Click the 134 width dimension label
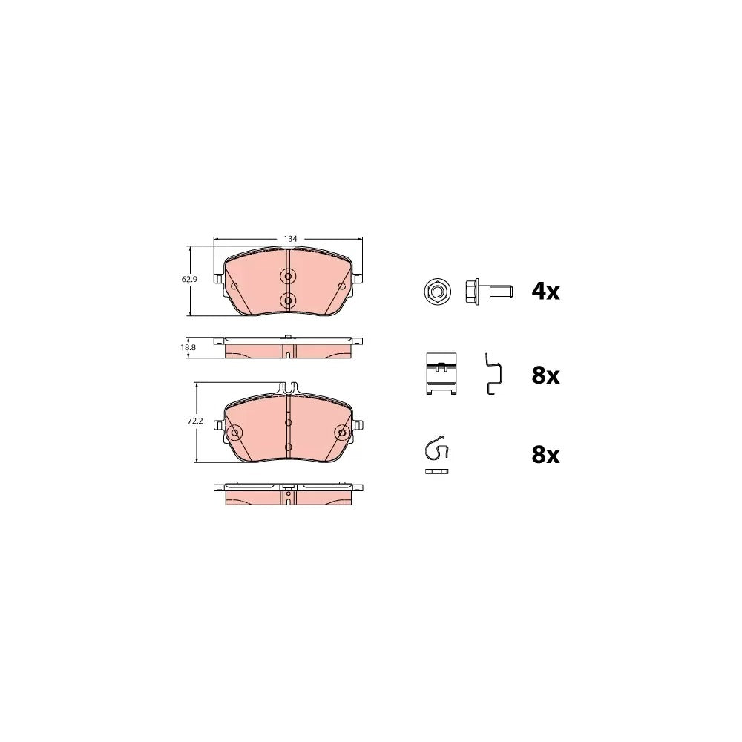pos(290,239)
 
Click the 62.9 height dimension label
pos(189,279)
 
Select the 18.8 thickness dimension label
pos(188,347)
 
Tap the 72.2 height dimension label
pos(195,420)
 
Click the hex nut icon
pos(437,291)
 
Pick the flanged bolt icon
pos(488,291)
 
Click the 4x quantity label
pos(545,291)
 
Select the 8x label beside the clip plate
pos(545,375)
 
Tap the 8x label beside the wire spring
pos(545,455)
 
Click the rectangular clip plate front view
pos(441,374)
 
